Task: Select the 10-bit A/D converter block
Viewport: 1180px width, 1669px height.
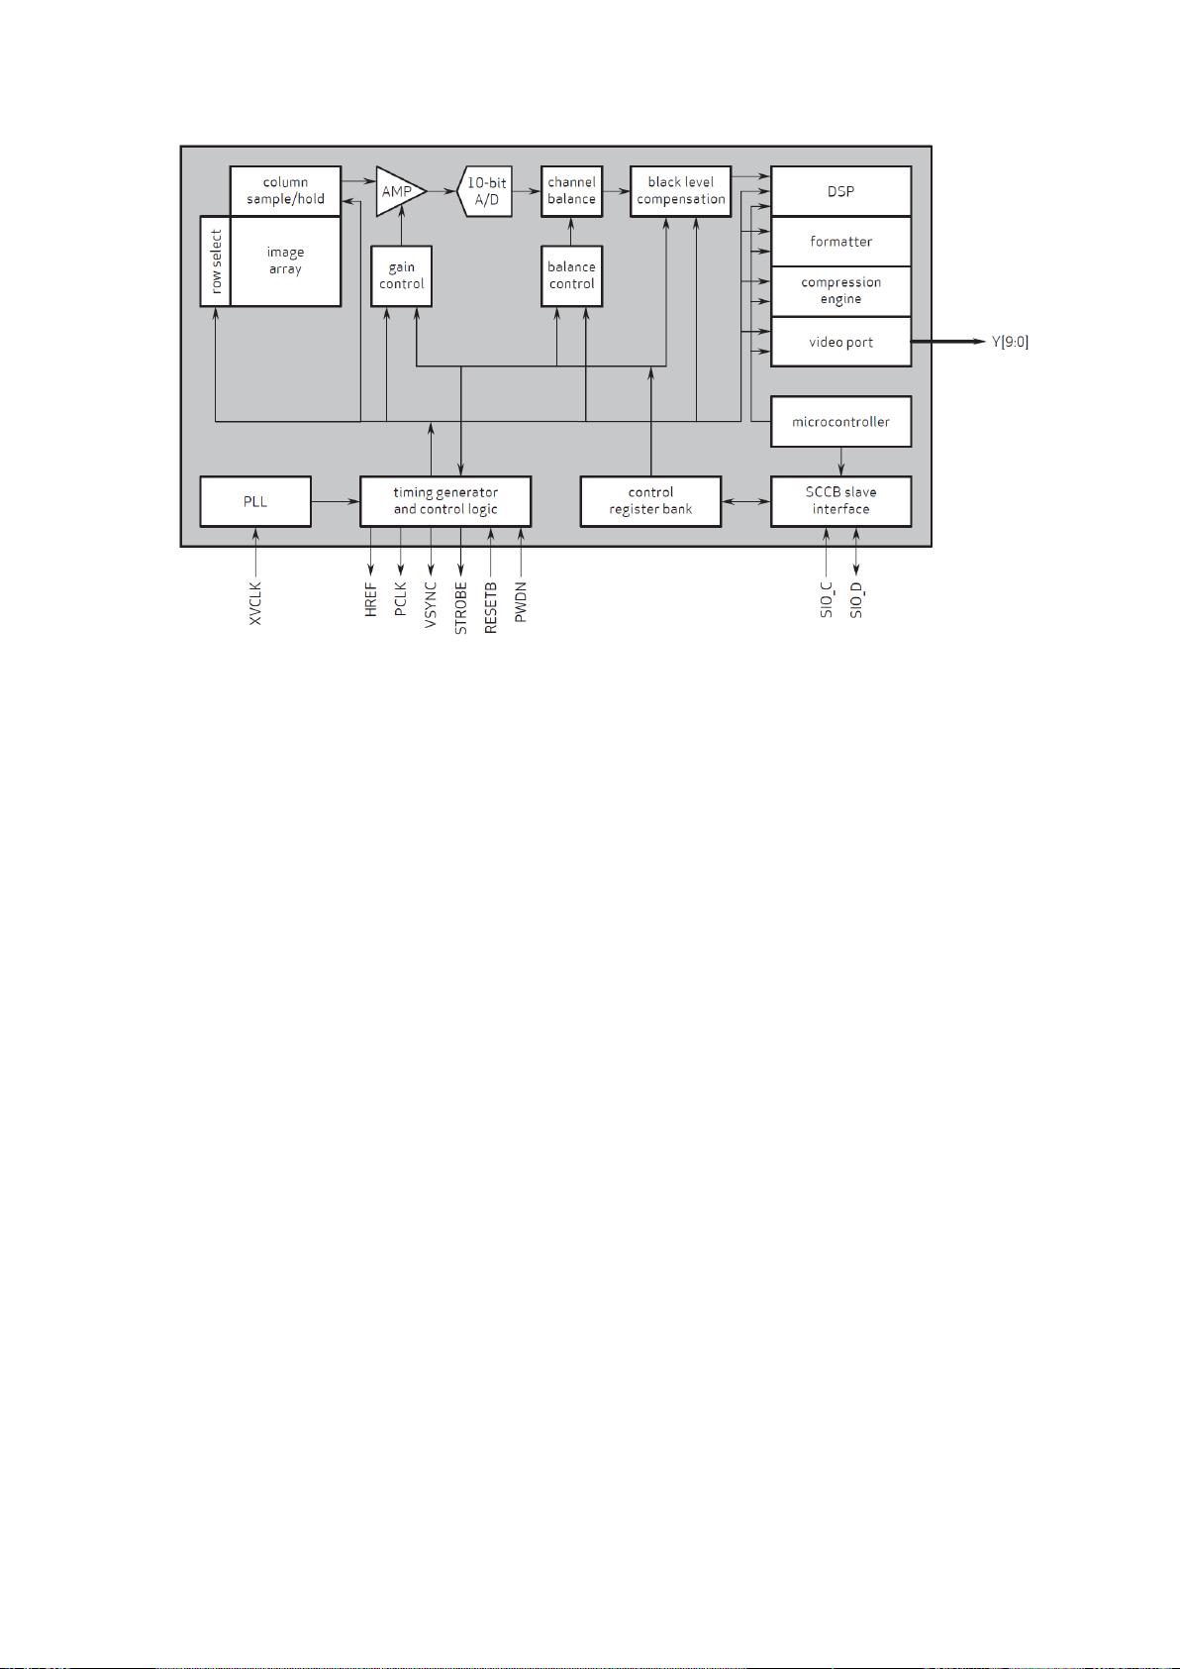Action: coord(485,191)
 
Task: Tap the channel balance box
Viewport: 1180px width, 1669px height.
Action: coord(572,191)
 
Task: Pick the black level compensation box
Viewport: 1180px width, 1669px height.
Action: coord(680,191)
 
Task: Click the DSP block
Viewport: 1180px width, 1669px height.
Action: coord(840,191)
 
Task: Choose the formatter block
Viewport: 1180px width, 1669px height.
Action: coord(840,242)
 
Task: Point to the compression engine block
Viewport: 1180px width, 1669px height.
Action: coord(840,291)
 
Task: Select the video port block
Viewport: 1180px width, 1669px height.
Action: coord(840,342)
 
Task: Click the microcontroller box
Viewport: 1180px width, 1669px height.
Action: coord(840,422)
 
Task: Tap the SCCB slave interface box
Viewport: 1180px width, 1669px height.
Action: coord(840,501)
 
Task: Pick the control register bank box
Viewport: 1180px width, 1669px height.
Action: coord(650,501)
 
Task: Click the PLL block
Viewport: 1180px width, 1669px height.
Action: coord(255,501)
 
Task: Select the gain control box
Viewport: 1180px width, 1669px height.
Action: coord(401,275)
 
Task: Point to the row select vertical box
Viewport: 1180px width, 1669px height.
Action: coord(215,261)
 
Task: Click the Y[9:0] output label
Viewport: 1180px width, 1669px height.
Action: coord(1010,342)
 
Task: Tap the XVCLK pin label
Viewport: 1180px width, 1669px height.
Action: coord(255,603)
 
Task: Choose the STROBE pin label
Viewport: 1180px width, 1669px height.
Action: coord(461,608)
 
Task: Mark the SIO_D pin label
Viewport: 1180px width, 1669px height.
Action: coord(856,600)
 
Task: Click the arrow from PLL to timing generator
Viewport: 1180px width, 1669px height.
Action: coord(336,501)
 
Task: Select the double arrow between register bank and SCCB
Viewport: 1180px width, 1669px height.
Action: coord(746,501)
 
